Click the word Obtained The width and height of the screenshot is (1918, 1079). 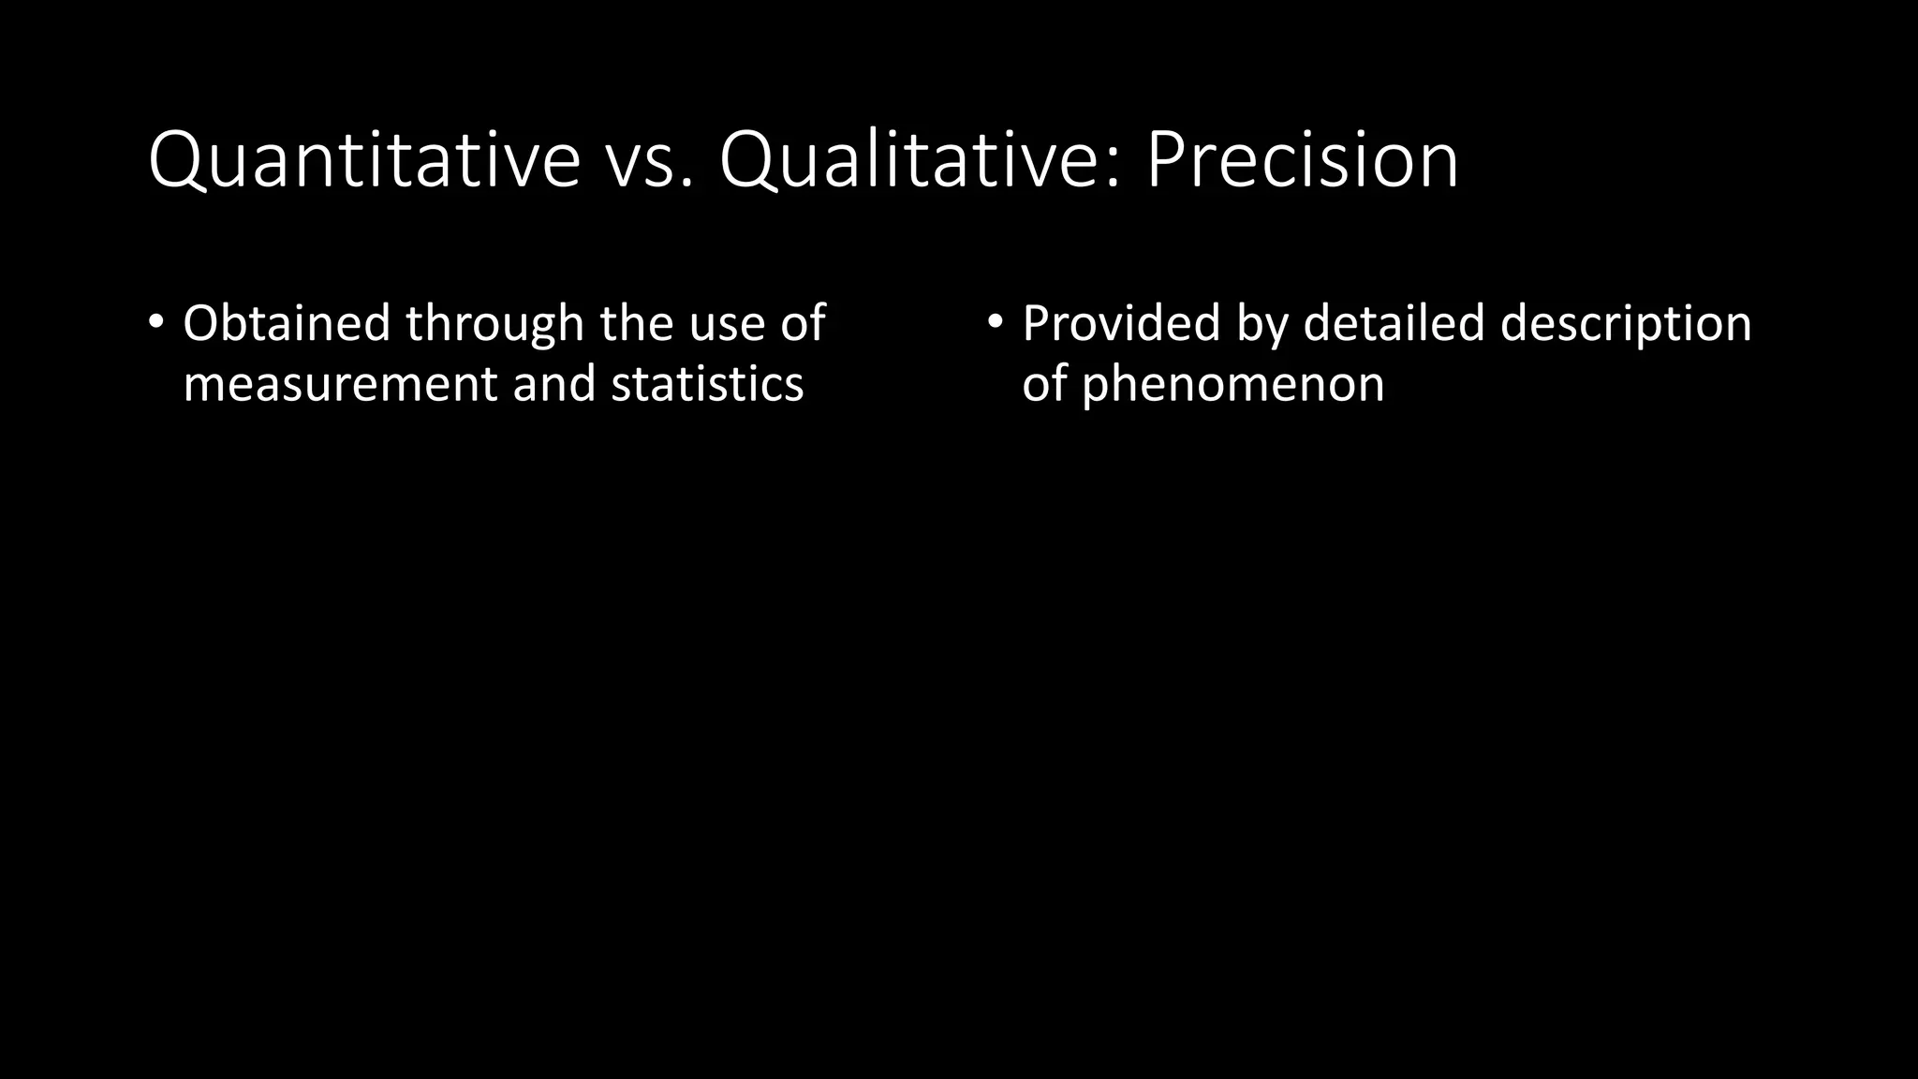(286, 323)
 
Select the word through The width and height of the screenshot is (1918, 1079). (494, 325)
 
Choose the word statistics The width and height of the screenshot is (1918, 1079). (707, 384)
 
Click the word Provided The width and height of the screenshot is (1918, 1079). (1121, 323)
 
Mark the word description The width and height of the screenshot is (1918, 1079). (1625, 325)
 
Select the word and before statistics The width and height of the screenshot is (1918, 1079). (553, 384)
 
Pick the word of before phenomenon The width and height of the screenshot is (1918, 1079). (1043, 384)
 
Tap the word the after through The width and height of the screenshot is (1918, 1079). (637, 323)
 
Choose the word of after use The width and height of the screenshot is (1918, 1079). (803, 323)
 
